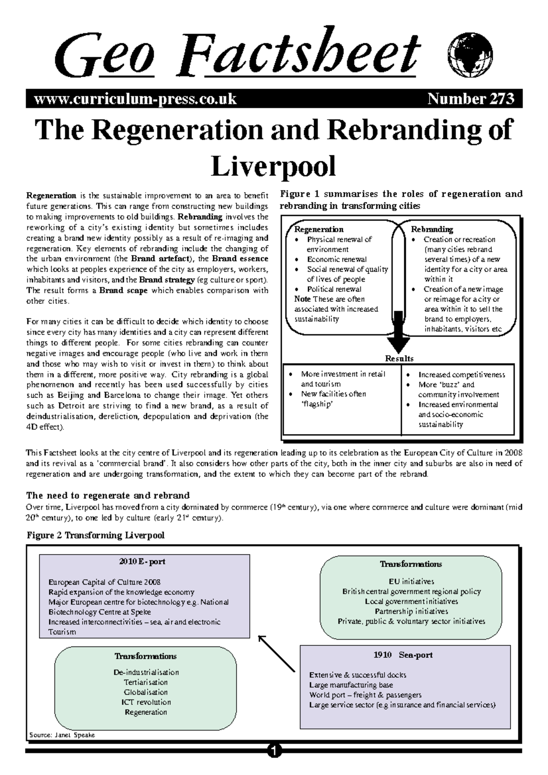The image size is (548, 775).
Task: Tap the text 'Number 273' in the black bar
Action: pyautogui.click(x=471, y=99)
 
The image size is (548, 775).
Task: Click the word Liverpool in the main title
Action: pyautogui.click(x=274, y=166)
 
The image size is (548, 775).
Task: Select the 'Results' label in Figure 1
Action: pyautogui.click(x=399, y=359)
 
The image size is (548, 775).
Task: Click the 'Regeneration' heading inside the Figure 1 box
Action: pyautogui.click(x=319, y=229)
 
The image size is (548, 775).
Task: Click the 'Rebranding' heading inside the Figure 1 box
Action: pyautogui.click(x=432, y=229)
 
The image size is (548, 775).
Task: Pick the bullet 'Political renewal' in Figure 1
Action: pyautogui.click(x=334, y=289)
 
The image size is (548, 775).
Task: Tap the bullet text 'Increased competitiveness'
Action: pyautogui.click(x=461, y=375)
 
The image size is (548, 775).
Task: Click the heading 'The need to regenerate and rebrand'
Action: pyautogui.click(x=108, y=496)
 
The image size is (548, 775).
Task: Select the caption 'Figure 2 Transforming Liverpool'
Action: pyautogui.click(x=95, y=535)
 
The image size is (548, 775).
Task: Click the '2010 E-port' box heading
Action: pyautogui.click(x=142, y=562)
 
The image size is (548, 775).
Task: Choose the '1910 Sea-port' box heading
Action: pyautogui.click(x=403, y=655)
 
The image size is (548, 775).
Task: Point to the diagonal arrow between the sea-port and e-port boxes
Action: pyautogui.click(x=277, y=654)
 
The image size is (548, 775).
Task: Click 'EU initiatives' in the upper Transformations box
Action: pyautogui.click(x=411, y=581)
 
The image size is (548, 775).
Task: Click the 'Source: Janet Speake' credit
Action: pyautogui.click(x=61, y=735)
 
